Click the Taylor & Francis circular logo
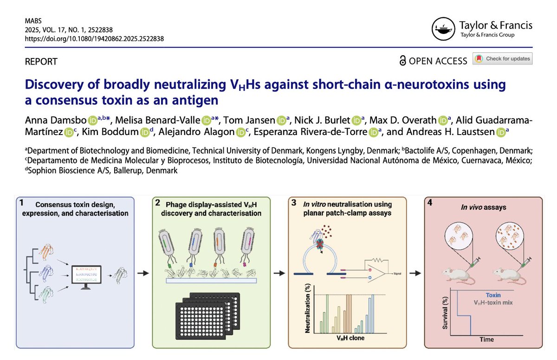(x=443, y=29)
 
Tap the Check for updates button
(x=503, y=59)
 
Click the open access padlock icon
(x=402, y=61)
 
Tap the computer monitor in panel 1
(x=85, y=278)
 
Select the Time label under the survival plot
(x=487, y=339)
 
